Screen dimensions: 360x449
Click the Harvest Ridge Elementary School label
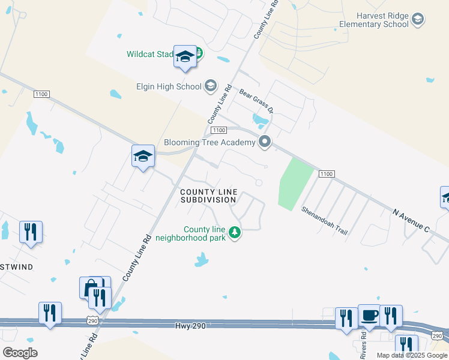coord(373,20)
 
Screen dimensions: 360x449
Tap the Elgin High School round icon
coord(210,86)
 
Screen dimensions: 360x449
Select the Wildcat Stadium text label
coord(150,54)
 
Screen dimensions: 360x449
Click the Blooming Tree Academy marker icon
coord(264,142)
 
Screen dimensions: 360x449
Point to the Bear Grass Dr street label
coord(256,101)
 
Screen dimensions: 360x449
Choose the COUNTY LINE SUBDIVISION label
coord(209,196)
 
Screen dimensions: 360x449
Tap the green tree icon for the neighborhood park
coord(235,232)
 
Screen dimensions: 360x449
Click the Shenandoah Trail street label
coord(325,220)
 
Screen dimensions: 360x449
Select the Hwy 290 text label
coord(191,326)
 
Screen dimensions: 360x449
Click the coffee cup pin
coord(369,316)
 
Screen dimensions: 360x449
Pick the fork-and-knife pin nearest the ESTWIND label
coord(31,232)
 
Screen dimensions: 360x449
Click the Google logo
coord(20,352)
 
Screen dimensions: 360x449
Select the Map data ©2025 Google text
coord(411,355)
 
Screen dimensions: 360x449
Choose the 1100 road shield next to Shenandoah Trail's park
coord(326,174)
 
